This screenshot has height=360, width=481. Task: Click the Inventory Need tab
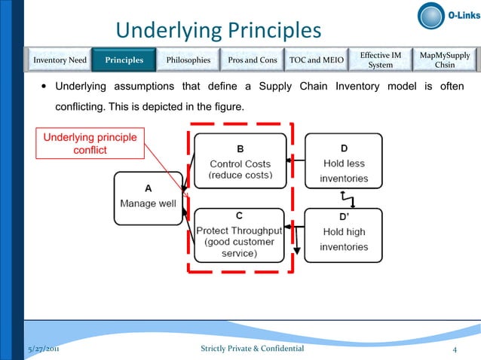[x=58, y=59]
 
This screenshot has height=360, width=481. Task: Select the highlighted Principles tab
[x=124, y=59]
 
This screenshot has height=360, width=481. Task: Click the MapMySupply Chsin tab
[x=445, y=59]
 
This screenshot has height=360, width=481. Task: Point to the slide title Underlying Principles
[x=218, y=31]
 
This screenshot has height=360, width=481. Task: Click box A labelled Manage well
[x=148, y=197]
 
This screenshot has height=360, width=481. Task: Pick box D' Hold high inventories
[x=344, y=234]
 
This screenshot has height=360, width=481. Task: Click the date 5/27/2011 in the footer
[x=43, y=349]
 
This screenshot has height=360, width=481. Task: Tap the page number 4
[x=455, y=349]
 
